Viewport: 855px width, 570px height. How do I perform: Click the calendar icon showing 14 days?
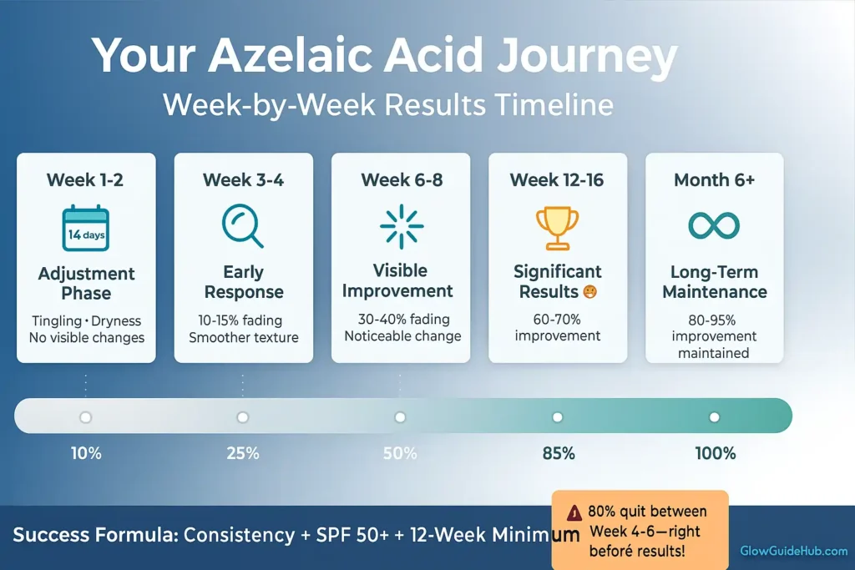(x=86, y=228)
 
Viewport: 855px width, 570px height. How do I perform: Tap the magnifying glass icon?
(x=242, y=225)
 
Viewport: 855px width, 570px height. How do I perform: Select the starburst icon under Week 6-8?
(x=401, y=226)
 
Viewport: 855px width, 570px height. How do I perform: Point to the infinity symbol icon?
(x=714, y=224)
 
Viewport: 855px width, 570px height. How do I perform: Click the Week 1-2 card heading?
(x=85, y=180)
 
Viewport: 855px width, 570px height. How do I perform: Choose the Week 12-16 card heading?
(x=557, y=180)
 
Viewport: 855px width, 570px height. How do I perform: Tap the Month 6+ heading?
(x=714, y=180)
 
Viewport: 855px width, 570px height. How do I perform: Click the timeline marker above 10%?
(x=85, y=417)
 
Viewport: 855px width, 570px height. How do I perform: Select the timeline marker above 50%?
(x=400, y=417)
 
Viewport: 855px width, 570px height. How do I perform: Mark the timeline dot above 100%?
(x=715, y=417)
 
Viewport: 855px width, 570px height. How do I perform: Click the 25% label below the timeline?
(x=243, y=454)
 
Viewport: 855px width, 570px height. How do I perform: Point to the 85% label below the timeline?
(x=558, y=454)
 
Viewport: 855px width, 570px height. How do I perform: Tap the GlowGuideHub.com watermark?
(x=793, y=552)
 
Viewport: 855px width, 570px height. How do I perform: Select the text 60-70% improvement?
(x=557, y=327)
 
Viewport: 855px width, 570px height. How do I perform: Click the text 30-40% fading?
(x=401, y=319)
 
